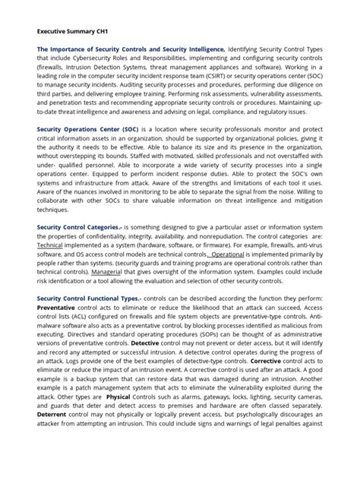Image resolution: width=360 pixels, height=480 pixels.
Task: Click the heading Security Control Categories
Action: click(79, 227)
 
